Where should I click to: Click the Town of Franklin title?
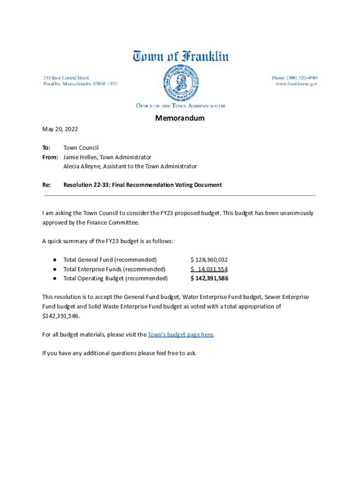[x=180, y=57]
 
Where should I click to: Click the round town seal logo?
[x=180, y=83]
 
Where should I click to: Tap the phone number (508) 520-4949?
[x=295, y=77]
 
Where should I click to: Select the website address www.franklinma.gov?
[x=296, y=84]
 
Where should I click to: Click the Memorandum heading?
[x=180, y=118]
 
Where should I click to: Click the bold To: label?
[x=46, y=148]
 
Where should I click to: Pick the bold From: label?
[x=50, y=157]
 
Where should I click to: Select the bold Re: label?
[x=46, y=185]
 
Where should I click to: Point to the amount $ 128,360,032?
[x=209, y=260]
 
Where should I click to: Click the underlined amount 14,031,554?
[x=212, y=269]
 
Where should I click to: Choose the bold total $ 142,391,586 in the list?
[x=209, y=278]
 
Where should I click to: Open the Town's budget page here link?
[x=180, y=334]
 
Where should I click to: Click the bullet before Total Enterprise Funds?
[x=55, y=269]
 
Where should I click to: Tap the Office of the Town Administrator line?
[x=180, y=106]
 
